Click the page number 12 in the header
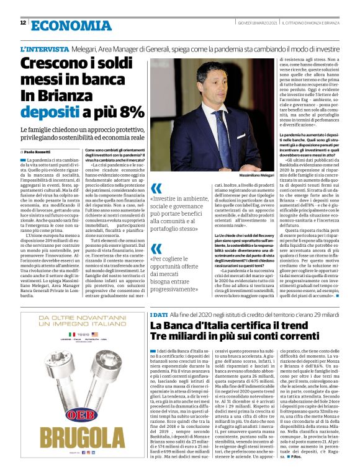(x=23, y=23)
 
